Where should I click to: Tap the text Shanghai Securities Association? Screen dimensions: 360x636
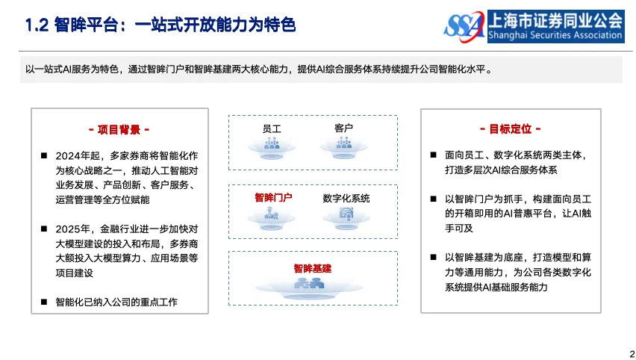click(x=555, y=35)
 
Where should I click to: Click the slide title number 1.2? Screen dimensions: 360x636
click(x=37, y=25)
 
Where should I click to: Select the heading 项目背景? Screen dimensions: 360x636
click(x=119, y=129)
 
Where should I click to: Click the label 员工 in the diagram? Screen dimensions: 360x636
click(x=271, y=128)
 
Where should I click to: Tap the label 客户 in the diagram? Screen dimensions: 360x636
click(x=344, y=128)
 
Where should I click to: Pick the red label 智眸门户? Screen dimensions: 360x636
click(x=272, y=198)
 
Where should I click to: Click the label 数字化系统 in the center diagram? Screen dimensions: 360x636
click(x=346, y=198)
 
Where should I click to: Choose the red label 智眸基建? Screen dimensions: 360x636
click(x=312, y=268)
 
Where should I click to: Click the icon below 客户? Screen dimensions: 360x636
click(x=344, y=146)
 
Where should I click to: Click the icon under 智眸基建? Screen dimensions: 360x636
click(x=308, y=285)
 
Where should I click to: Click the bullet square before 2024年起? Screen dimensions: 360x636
click(x=44, y=156)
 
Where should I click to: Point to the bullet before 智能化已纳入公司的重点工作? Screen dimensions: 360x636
click(x=44, y=302)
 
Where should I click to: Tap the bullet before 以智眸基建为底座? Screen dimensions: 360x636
click(x=434, y=258)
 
